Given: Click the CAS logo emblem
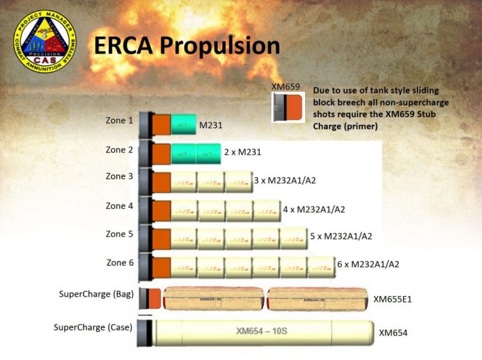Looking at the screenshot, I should point(45,41).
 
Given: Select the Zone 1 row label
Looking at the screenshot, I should point(119,120).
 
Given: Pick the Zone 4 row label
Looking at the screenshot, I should point(119,205).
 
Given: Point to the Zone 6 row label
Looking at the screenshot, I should point(119,262).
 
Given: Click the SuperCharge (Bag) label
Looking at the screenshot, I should point(96,294).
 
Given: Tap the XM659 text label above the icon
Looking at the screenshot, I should point(285,87).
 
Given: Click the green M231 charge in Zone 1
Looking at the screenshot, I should point(184,125).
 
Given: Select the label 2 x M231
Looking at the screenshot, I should point(242,152).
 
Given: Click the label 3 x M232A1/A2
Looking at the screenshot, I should point(284,181).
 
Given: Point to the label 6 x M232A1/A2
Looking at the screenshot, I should point(368,264).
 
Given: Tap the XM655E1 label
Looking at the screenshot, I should point(392,299).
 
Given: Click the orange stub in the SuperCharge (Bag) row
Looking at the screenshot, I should point(154,299).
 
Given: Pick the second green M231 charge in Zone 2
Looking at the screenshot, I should point(208,153).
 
